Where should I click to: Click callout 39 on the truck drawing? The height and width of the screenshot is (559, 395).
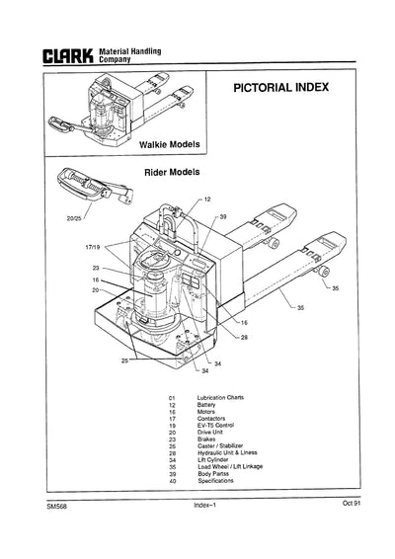click(x=222, y=216)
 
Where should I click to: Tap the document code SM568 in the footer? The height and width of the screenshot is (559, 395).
click(x=56, y=533)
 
